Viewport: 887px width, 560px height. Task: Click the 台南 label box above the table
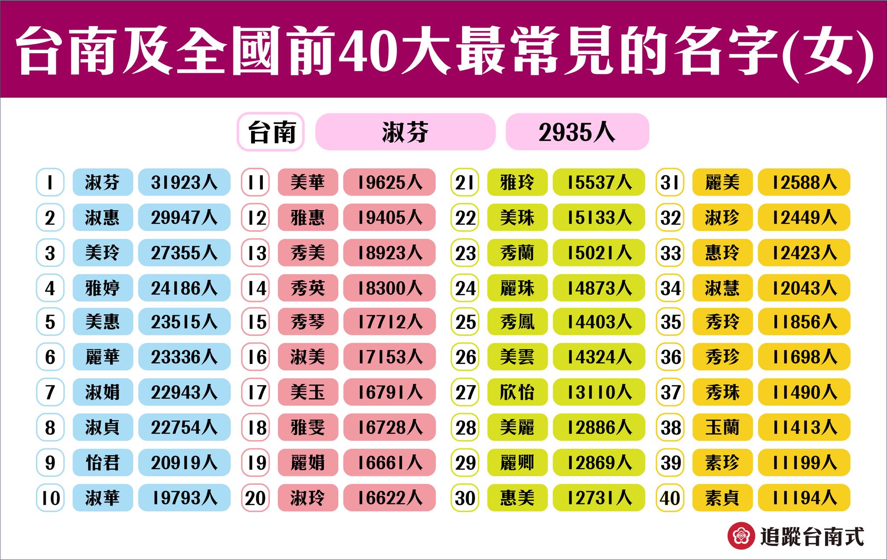point(271,132)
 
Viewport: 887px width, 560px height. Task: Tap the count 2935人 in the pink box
point(577,132)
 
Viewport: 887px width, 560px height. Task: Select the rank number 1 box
point(50,182)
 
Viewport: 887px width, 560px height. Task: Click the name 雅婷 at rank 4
point(103,288)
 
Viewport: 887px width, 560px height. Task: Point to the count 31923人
point(184,182)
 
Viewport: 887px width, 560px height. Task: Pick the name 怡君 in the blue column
point(103,463)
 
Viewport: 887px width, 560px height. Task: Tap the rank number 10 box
point(50,498)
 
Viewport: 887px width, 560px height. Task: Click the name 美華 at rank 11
point(308,182)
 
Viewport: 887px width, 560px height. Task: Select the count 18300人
point(389,288)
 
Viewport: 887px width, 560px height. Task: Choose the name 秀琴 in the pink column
point(308,322)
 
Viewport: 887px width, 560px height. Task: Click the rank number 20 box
point(256,498)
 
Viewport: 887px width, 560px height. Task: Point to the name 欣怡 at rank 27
point(517,393)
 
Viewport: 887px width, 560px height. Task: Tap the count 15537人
point(599,182)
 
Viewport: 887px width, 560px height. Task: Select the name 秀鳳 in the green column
point(517,322)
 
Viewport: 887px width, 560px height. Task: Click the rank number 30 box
point(465,498)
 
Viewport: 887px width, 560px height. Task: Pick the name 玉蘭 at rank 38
point(722,428)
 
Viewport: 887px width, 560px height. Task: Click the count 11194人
point(804,498)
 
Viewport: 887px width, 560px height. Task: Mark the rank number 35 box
point(670,322)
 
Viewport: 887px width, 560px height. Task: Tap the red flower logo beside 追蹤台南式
point(741,536)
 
